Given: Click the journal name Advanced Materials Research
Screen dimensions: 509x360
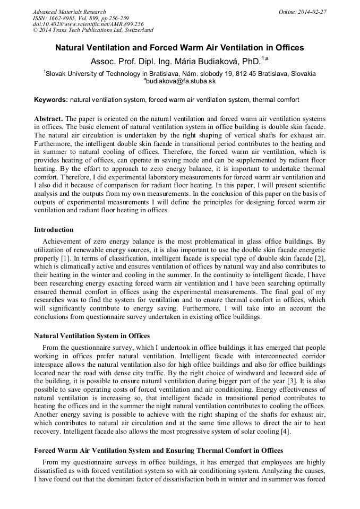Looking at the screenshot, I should point(69,12).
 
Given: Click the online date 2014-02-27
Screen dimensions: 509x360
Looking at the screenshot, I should point(312,12).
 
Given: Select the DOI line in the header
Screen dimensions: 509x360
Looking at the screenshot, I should point(88,24).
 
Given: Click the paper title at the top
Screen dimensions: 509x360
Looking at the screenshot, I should point(179,48).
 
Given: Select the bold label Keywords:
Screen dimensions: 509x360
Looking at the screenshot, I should point(51,100).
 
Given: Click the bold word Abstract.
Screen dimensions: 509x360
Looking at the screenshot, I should point(48,118).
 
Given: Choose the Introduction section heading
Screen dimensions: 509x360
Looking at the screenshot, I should point(54,230).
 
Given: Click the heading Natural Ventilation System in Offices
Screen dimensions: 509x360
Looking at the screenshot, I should point(92,335).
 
